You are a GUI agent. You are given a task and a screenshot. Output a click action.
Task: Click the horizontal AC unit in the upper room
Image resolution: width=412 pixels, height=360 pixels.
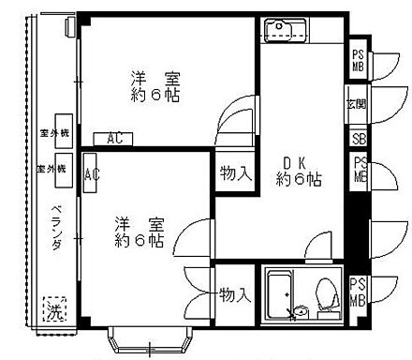[113, 139]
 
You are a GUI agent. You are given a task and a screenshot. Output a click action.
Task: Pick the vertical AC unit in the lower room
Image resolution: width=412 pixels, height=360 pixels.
[92, 174]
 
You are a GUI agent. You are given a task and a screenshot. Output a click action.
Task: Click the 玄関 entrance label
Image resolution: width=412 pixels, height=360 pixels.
[357, 104]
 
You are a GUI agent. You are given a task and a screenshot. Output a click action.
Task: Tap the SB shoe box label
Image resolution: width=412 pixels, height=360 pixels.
[358, 138]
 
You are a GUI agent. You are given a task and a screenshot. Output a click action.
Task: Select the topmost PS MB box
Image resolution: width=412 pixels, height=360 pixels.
[359, 60]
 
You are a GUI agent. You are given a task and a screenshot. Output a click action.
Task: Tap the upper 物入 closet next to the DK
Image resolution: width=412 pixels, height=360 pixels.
[235, 173]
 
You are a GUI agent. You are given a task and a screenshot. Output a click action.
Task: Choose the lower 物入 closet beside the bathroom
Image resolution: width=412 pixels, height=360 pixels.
[235, 295]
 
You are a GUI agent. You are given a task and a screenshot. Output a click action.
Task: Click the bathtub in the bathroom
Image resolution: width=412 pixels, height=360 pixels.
[279, 294]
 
